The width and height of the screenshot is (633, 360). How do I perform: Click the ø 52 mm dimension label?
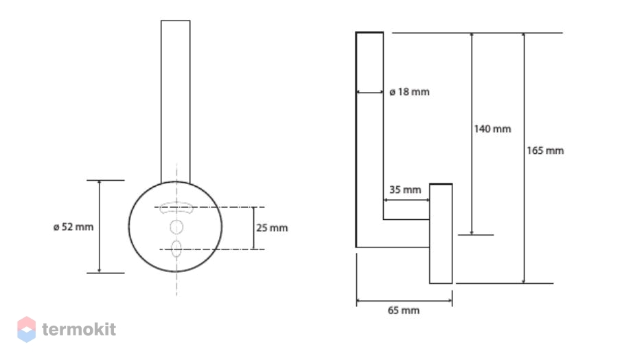point(73,227)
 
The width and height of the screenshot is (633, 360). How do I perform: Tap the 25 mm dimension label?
point(272,228)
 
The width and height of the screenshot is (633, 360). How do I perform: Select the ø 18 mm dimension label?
point(409,92)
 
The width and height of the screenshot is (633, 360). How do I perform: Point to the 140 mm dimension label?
point(492,129)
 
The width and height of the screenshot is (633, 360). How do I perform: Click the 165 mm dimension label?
point(545,150)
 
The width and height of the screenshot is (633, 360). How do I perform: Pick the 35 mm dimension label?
point(405,190)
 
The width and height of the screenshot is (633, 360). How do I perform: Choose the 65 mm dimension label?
point(404,311)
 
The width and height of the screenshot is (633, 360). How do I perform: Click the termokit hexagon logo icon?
point(27,329)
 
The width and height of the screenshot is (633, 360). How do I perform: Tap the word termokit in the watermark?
point(79,329)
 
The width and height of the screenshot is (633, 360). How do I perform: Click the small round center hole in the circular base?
point(176,227)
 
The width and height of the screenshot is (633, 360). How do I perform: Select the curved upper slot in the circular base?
point(176,207)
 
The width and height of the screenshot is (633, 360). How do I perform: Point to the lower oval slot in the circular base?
point(176,249)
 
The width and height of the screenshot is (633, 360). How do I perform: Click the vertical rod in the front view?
point(176,102)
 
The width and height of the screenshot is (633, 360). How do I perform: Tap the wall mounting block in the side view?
point(441,234)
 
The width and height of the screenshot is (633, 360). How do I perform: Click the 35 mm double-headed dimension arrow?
point(406,200)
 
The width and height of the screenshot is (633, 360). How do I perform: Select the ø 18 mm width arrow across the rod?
point(370,92)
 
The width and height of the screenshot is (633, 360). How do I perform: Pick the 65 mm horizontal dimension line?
point(404,301)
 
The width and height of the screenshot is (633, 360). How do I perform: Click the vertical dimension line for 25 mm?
point(253,228)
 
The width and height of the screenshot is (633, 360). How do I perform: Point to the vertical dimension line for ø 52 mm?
point(100,227)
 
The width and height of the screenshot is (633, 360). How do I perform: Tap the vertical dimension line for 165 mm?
point(524,158)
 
